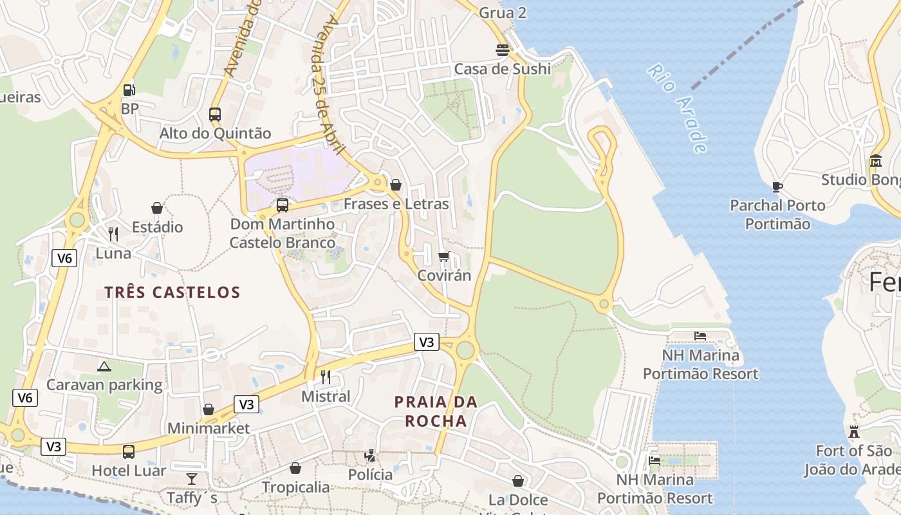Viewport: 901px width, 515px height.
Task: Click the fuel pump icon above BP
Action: point(129,90)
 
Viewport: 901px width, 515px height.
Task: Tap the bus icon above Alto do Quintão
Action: point(215,115)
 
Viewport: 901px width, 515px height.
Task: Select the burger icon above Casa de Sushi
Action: point(503,50)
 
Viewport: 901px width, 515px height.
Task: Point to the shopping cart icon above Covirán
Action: point(443,257)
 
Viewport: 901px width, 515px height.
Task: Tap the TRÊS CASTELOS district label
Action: point(172,292)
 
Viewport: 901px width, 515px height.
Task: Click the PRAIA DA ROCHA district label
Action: point(436,411)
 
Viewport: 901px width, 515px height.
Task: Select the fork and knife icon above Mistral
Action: point(326,377)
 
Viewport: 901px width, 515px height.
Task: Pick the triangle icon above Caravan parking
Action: point(104,366)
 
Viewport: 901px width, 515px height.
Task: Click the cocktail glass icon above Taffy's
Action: point(192,478)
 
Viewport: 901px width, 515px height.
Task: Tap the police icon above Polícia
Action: point(370,456)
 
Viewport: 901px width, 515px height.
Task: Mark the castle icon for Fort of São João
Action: point(854,431)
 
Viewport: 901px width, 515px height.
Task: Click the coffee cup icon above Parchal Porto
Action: point(777,187)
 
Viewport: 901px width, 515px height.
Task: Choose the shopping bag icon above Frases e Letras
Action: point(396,185)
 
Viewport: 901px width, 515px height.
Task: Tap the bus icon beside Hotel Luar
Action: point(129,451)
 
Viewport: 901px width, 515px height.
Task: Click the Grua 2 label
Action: point(503,13)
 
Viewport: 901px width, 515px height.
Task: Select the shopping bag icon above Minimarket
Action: point(209,409)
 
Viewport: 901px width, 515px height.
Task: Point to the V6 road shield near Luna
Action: point(64,258)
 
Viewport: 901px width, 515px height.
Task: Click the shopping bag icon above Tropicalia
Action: point(295,468)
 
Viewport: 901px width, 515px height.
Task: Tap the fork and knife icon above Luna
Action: point(113,234)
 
